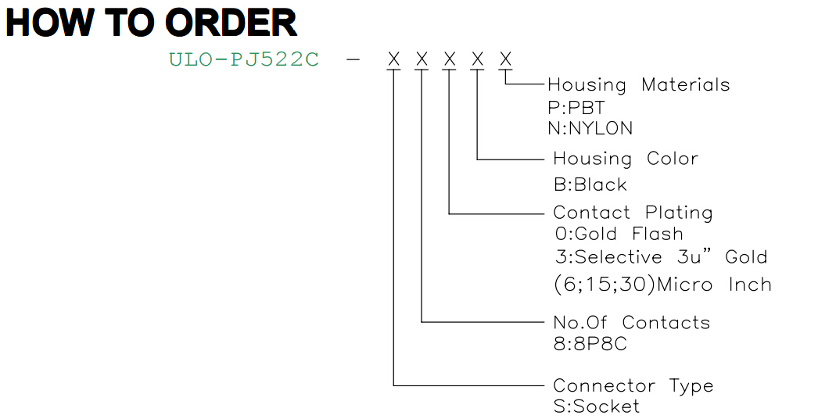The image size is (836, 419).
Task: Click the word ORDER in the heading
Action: click(231, 23)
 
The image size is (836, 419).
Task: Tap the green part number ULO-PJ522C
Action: click(244, 59)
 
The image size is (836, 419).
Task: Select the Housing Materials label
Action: click(638, 85)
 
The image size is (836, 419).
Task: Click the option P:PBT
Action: click(576, 108)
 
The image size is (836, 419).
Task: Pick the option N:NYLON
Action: click(590, 128)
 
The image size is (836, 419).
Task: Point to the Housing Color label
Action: click(626, 159)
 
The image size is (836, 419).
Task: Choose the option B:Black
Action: click(590, 184)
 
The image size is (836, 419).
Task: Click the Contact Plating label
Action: click(633, 213)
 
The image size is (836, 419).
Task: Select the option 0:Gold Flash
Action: click(619, 234)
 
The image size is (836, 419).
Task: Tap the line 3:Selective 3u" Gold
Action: click(661, 257)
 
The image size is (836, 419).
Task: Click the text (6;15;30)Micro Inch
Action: click(662, 285)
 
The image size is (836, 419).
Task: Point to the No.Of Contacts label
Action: click(632, 323)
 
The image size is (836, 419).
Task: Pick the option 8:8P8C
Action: click(590, 344)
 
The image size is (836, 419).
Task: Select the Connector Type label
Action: click(633, 386)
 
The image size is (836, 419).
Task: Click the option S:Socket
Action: click(597, 406)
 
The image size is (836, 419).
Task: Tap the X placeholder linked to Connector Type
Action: click(394, 59)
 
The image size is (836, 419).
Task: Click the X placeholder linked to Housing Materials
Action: click(505, 59)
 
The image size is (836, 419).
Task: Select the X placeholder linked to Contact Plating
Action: click(450, 59)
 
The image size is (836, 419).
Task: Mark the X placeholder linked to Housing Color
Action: click(477, 59)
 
